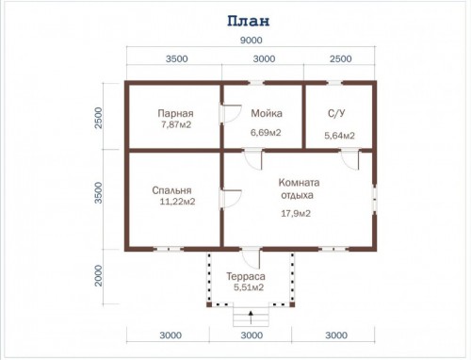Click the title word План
click(x=249, y=21)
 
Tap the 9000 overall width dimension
click(x=251, y=41)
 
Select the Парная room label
click(x=175, y=113)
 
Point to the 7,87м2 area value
click(x=176, y=124)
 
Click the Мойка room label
click(x=267, y=113)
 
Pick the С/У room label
click(x=336, y=113)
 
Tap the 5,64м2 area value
click(x=339, y=136)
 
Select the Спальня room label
click(x=171, y=190)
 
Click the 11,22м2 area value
click(x=177, y=202)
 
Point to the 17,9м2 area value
click(x=296, y=214)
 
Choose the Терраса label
click(x=246, y=276)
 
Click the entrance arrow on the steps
click(x=251, y=318)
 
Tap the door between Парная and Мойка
click(x=231, y=114)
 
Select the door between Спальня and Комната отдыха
click(x=231, y=199)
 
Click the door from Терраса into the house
click(x=251, y=258)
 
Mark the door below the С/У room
click(x=349, y=159)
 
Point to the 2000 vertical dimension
click(x=99, y=276)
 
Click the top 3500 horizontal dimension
click(x=177, y=58)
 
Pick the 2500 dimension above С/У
click(x=341, y=58)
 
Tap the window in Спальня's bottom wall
click(x=169, y=249)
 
